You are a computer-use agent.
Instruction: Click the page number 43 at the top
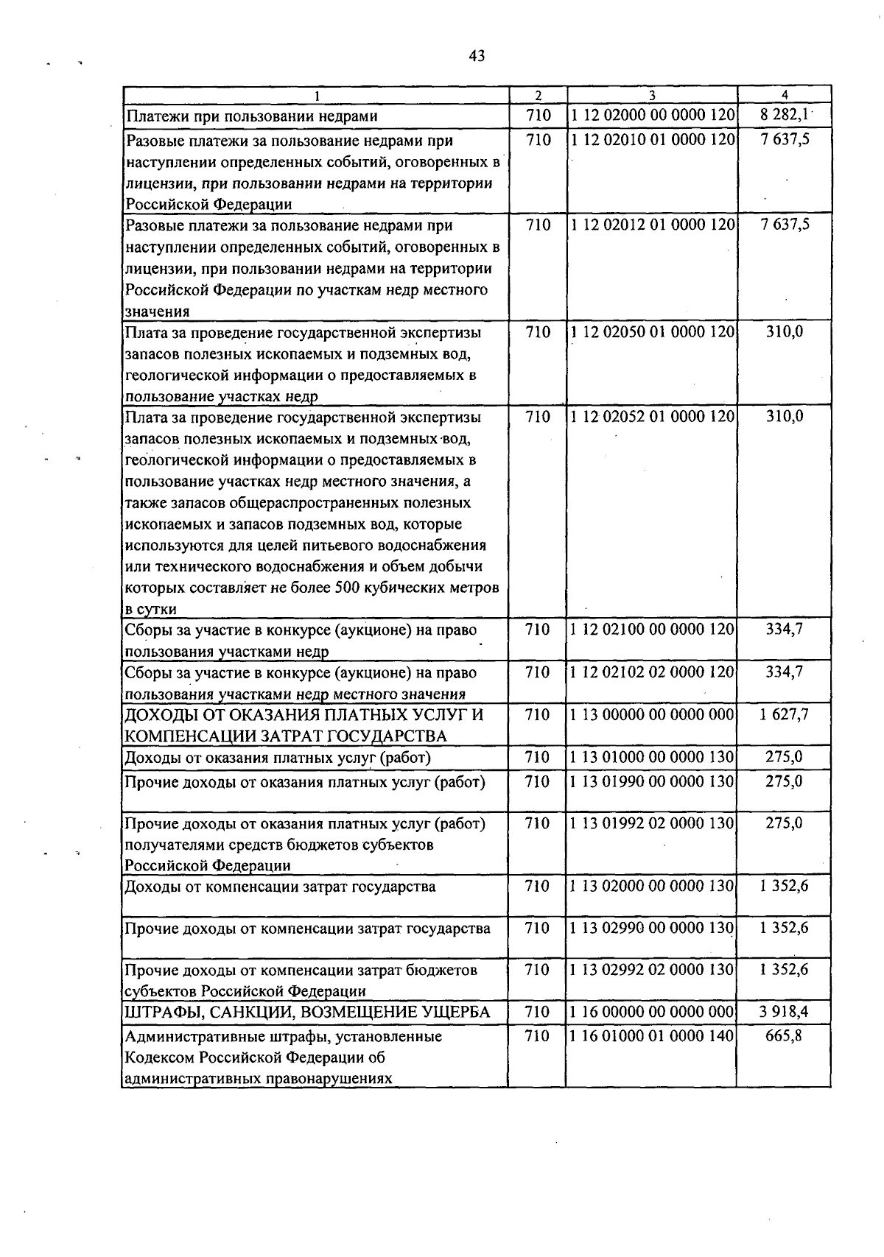coord(476,56)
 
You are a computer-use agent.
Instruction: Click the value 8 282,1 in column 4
coord(784,116)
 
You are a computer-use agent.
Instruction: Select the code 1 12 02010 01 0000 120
coord(652,140)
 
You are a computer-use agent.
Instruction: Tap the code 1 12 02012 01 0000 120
coord(652,225)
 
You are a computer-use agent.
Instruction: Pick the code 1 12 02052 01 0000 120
coord(652,417)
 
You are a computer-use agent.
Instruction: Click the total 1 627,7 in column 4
coord(784,714)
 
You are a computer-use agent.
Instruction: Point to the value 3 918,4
coord(784,1012)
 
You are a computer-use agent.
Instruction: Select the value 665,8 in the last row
coord(784,1036)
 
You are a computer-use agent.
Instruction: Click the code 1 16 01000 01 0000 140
coord(652,1036)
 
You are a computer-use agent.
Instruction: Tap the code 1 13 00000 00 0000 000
coord(652,714)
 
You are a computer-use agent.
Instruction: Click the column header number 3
coord(652,95)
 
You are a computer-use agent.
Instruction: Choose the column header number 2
coord(538,95)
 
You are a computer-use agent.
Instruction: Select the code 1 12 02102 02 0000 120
coord(652,672)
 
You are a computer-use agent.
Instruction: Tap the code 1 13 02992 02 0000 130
coord(652,970)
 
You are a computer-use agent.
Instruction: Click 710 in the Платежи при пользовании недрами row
coord(538,116)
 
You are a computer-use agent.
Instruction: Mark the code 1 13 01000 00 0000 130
coord(652,757)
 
